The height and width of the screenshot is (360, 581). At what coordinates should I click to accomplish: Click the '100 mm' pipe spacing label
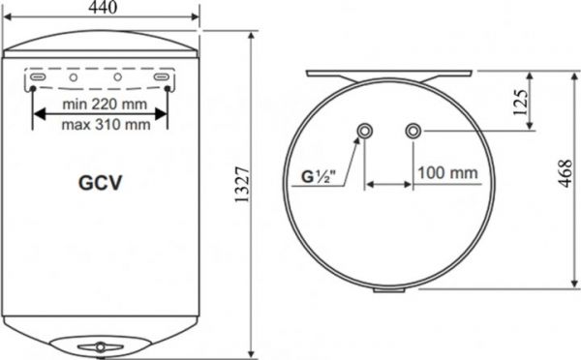click(447, 174)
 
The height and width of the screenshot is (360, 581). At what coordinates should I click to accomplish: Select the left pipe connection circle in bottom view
click(365, 131)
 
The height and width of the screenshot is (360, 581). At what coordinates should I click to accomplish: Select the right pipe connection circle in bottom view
click(413, 131)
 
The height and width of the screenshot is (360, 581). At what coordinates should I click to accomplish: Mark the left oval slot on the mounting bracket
click(35, 75)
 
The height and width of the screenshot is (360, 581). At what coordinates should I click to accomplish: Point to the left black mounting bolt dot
click(34, 88)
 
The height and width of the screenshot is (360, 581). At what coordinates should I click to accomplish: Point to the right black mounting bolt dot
click(168, 88)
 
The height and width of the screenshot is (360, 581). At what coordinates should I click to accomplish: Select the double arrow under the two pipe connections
click(389, 185)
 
